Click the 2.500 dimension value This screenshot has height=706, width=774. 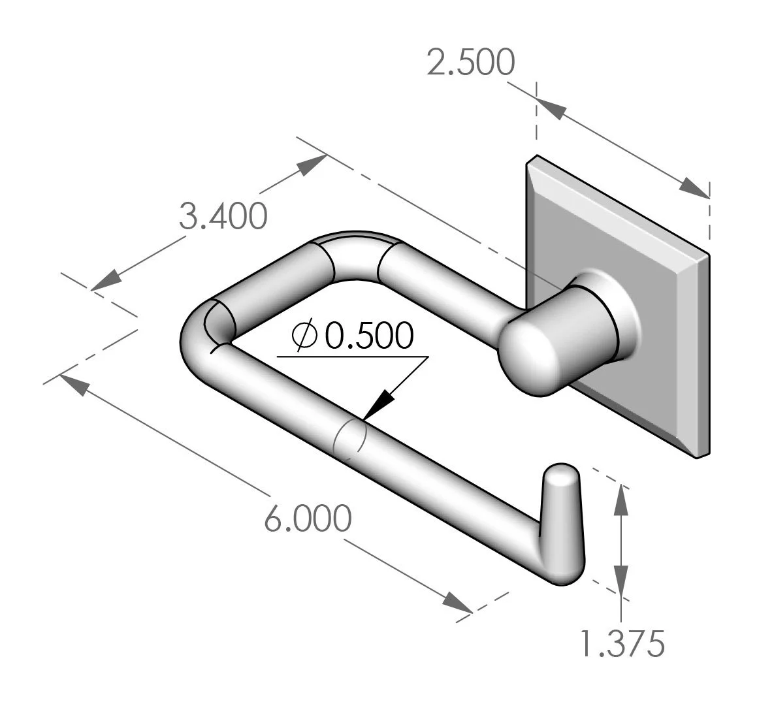[470, 63]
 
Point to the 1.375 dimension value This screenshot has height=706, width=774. [622, 643]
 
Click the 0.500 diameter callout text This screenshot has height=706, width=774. [370, 336]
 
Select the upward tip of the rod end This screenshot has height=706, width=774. [560, 472]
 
